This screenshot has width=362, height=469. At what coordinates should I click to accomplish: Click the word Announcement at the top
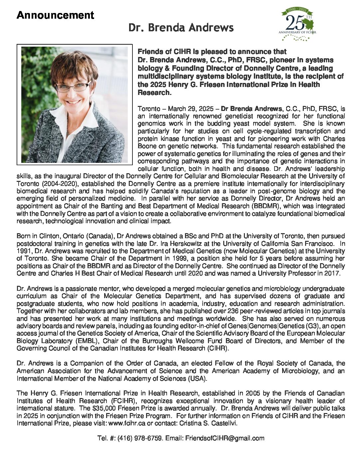tap(55, 15)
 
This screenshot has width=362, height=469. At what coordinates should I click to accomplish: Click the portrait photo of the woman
tap(75, 104)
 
